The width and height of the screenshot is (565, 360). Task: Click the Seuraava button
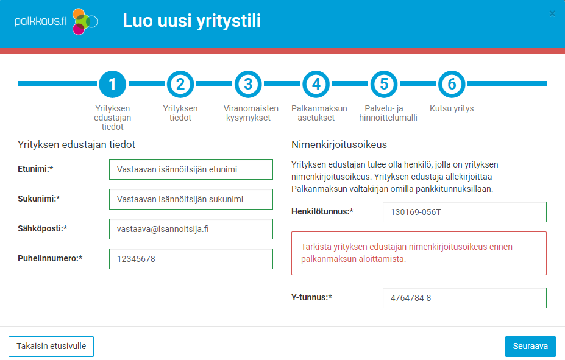tap(530, 346)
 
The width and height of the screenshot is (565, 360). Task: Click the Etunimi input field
tap(191, 169)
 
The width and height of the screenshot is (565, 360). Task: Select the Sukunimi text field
tap(191, 199)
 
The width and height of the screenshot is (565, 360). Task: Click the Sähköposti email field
tap(191, 229)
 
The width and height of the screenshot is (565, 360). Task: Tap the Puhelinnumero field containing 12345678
tap(191, 259)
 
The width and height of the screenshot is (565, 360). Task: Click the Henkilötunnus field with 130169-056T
tap(464, 212)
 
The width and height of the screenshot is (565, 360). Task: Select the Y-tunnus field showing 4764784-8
tap(464, 298)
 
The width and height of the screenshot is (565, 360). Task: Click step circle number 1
tap(113, 84)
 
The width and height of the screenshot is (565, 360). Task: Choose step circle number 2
tap(180, 84)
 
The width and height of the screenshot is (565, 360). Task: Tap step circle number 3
tap(248, 84)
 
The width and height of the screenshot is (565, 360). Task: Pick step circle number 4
tap(316, 84)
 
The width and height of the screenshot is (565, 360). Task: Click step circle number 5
tap(383, 84)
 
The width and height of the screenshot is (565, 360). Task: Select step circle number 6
tap(452, 84)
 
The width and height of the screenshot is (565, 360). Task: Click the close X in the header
tap(552, 13)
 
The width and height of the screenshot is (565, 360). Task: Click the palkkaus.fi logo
tap(56, 22)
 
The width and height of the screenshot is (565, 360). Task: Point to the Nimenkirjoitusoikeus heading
tap(339, 144)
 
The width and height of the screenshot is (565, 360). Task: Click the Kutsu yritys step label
tap(452, 108)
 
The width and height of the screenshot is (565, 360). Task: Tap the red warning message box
tap(419, 253)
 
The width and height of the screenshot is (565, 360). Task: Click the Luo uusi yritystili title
tap(191, 21)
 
